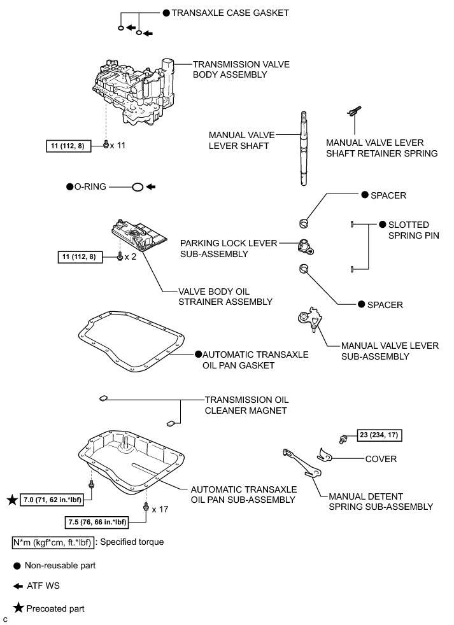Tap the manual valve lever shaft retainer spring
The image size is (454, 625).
(351, 113)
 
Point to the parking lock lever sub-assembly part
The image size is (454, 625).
(305, 246)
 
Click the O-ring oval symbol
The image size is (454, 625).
(136, 187)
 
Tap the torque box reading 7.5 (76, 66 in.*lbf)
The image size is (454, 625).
(97, 523)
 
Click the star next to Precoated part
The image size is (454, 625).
(18, 608)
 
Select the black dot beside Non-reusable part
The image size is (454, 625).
(18, 565)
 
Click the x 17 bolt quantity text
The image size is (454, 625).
(161, 509)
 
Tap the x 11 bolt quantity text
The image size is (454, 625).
(118, 146)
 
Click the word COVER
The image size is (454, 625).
(381, 459)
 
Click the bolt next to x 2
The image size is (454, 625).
(120, 256)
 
